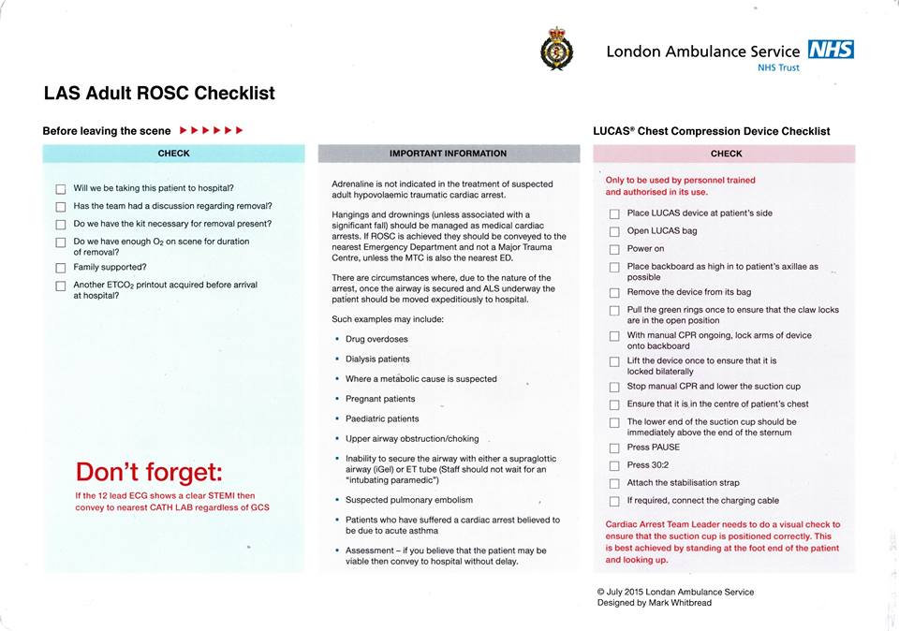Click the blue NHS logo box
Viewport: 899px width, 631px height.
(831, 50)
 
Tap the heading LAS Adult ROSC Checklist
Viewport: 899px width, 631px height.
(159, 94)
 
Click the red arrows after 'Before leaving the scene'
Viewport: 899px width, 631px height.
(212, 130)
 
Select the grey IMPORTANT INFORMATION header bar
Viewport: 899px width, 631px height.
(448, 154)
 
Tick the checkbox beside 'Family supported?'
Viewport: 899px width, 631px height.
(61, 268)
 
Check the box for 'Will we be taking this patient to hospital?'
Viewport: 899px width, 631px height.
(61, 189)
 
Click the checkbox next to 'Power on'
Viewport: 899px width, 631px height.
(614, 249)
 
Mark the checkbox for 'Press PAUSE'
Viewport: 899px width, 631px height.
(614, 448)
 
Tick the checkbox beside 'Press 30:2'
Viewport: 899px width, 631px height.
(614, 465)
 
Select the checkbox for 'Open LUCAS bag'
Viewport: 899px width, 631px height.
(614, 231)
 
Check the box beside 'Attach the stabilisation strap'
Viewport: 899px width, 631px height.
(614, 483)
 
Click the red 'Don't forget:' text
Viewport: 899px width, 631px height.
(149, 471)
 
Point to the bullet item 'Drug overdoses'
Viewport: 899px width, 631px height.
(376, 339)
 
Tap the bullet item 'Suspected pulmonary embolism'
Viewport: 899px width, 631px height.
(409, 500)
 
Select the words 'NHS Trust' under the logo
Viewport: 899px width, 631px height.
(778, 67)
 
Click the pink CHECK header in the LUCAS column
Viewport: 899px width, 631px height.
(726, 154)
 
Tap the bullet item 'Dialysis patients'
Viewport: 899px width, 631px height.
(377, 359)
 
